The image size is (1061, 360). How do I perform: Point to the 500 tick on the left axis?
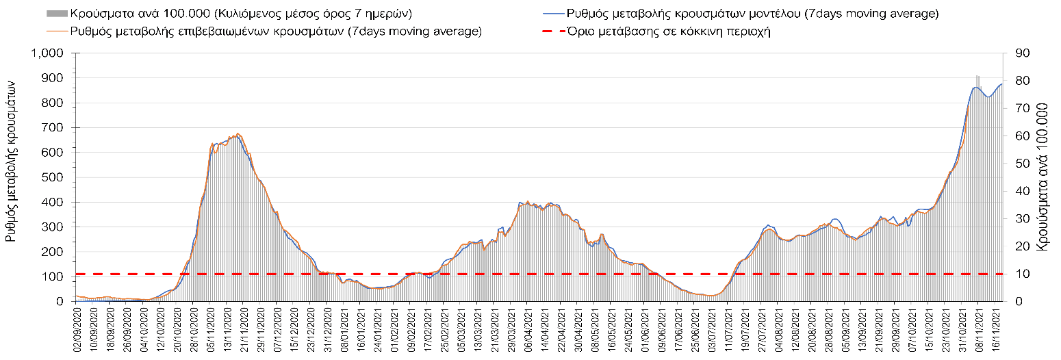point(55,178)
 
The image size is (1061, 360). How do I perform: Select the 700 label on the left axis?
point(55,128)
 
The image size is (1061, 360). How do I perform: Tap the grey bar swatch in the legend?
point(57,13)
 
